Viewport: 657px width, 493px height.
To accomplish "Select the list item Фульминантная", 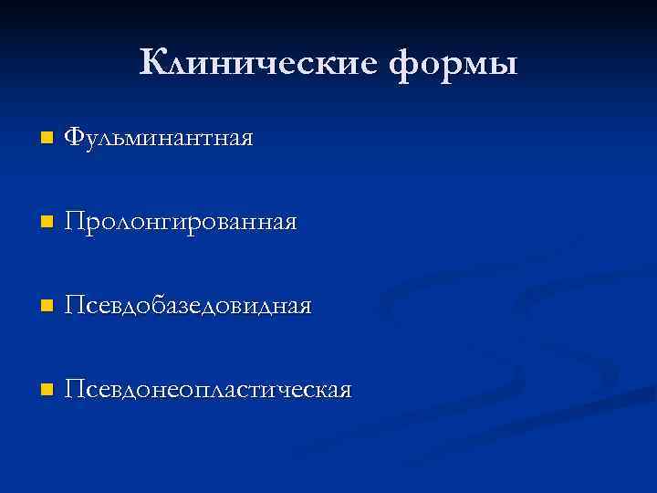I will (x=161, y=139).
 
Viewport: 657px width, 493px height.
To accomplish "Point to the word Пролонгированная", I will (x=182, y=222).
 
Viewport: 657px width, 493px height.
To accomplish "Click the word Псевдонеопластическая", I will (x=209, y=390).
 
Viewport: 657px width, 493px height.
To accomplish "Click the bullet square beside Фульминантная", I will (x=47, y=140).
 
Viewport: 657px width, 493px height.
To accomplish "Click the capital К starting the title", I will (x=155, y=62).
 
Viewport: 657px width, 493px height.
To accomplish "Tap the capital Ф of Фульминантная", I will (x=76, y=139).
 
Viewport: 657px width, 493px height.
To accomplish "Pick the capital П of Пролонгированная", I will (x=77, y=222).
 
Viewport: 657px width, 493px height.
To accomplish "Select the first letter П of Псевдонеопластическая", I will (x=77, y=390).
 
